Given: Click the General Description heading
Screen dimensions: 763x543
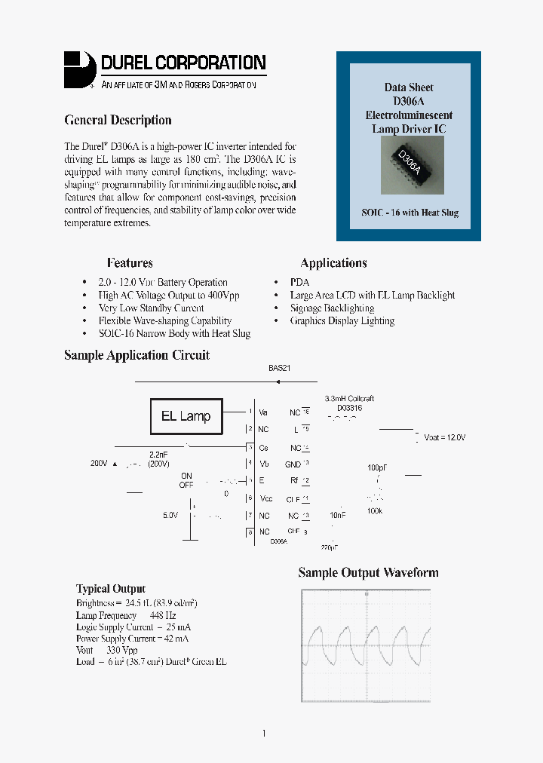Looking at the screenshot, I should pos(118,121).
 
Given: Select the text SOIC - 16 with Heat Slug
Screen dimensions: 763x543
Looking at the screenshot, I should pos(410,213).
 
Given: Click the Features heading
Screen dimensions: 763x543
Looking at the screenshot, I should pos(130,263).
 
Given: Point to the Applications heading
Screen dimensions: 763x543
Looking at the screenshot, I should pos(333,263).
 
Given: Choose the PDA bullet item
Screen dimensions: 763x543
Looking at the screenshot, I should pos(299,282).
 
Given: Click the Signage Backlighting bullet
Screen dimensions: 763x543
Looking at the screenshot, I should pos(332,308).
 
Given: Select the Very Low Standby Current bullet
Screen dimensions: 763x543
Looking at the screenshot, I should pos(151,308).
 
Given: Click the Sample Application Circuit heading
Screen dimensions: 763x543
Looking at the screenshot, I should pos(137,355).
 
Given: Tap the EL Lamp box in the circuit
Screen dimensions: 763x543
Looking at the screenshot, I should pos(186,416).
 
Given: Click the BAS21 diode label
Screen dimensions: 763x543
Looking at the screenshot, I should pos(279,369).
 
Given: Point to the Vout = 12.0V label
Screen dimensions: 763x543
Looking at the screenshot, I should pos(445,437).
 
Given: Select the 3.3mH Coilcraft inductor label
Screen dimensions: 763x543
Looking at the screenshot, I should pos(348,398).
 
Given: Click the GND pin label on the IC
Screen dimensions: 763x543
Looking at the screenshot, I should pos(293,464).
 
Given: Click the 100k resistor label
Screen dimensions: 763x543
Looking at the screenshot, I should pos(375,510).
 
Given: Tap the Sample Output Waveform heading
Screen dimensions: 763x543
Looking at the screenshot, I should pos(368,573).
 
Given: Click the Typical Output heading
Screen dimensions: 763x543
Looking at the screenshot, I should pos(111,589).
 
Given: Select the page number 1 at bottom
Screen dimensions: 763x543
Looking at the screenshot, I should pos(264,734).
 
